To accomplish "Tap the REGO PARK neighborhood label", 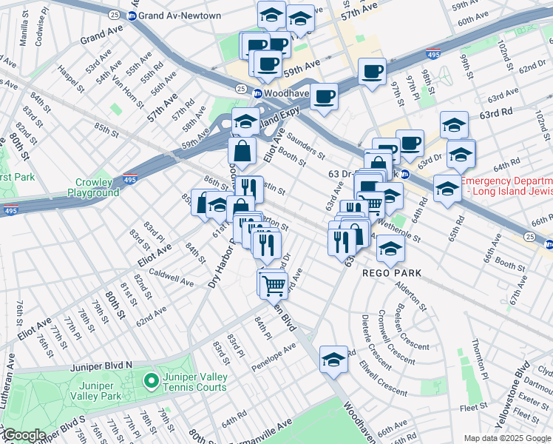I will click(x=392, y=273).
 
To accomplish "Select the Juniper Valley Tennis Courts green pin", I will click(x=152, y=383).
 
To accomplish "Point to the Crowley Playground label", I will click(x=98, y=187).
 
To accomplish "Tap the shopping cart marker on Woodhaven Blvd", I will click(x=272, y=283).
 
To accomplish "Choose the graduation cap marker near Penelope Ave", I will click(x=333, y=359).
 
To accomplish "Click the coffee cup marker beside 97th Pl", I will click(x=373, y=72).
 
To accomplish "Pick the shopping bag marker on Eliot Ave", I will click(x=242, y=152).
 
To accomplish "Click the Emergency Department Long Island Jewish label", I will click(x=506, y=186).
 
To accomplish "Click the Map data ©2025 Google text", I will click(x=508, y=438).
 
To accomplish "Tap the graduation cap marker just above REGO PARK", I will click(x=390, y=249).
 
